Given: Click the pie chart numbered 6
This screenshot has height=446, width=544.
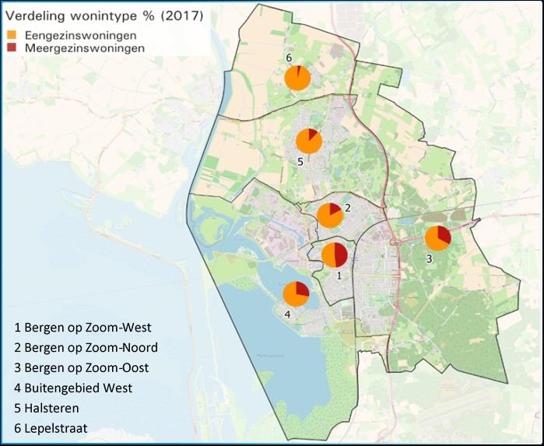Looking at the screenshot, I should pyautogui.click(x=297, y=78).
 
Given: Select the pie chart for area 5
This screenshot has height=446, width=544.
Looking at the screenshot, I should pyautogui.click(x=309, y=142).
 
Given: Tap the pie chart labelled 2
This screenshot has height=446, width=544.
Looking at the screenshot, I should pyautogui.click(x=330, y=215).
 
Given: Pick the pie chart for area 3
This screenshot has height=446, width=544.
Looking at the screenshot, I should pyautogui.click(x=437, y=238).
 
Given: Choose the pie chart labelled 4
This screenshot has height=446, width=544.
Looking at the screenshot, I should pyautogui.click(x=296, y=294).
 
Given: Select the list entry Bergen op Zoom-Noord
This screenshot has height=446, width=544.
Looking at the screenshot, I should pyautogui.click(x=86, y=347).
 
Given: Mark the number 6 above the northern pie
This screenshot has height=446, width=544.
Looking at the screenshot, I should pyautogui.click(x=288, y=58).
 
